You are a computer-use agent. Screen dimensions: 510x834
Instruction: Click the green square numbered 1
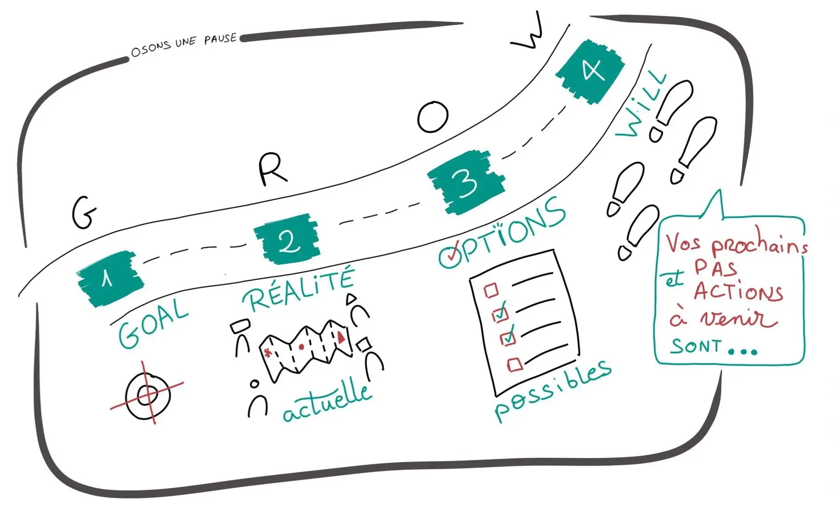tap(109, 279)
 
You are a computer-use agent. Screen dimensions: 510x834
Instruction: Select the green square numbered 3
tap(466, 182)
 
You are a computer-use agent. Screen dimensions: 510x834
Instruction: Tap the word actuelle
tap(327, 402)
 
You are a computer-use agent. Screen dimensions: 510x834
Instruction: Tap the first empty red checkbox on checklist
tap(491, 291)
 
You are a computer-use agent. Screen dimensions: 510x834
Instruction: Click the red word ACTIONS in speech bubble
tap(738, 292)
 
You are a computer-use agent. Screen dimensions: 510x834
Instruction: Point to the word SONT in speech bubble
tap(696, 346)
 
